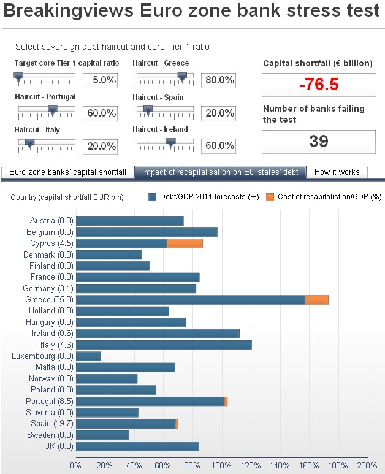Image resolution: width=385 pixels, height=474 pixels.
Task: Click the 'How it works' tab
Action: point(337,172)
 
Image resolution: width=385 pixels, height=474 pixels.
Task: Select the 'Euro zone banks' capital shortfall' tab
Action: point(67,172)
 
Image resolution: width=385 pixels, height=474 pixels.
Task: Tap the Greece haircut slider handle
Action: point(181,77)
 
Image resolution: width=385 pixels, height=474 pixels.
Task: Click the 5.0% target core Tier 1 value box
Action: point(99,80)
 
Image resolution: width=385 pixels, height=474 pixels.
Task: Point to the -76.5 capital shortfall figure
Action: point(318,85)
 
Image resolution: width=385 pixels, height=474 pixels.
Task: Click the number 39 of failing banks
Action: point(318,142)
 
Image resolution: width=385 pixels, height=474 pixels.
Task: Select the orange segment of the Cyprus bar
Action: point(185,243)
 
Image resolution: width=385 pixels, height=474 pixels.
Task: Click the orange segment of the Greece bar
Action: point(316,300)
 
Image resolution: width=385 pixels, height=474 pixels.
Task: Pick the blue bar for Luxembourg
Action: point(88,356)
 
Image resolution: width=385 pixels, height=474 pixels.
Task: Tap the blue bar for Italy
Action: point(163,345)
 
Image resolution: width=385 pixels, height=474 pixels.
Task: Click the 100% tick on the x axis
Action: point(221,465)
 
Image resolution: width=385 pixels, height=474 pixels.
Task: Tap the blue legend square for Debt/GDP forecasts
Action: point(153,197)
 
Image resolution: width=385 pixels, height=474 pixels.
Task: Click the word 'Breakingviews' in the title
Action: point(65,10)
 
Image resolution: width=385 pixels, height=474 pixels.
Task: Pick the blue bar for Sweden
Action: point(102,435)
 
